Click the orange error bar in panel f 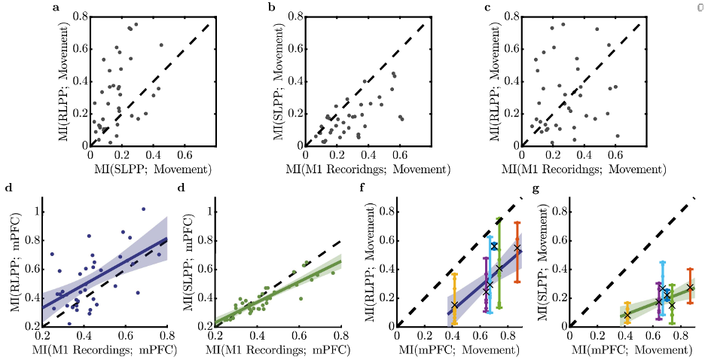pyautogui.click(x=517, y=252)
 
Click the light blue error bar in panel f pyautogui.click(x=490, y=279)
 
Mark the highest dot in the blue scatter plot pyautogui.click(x=143, y=209)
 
